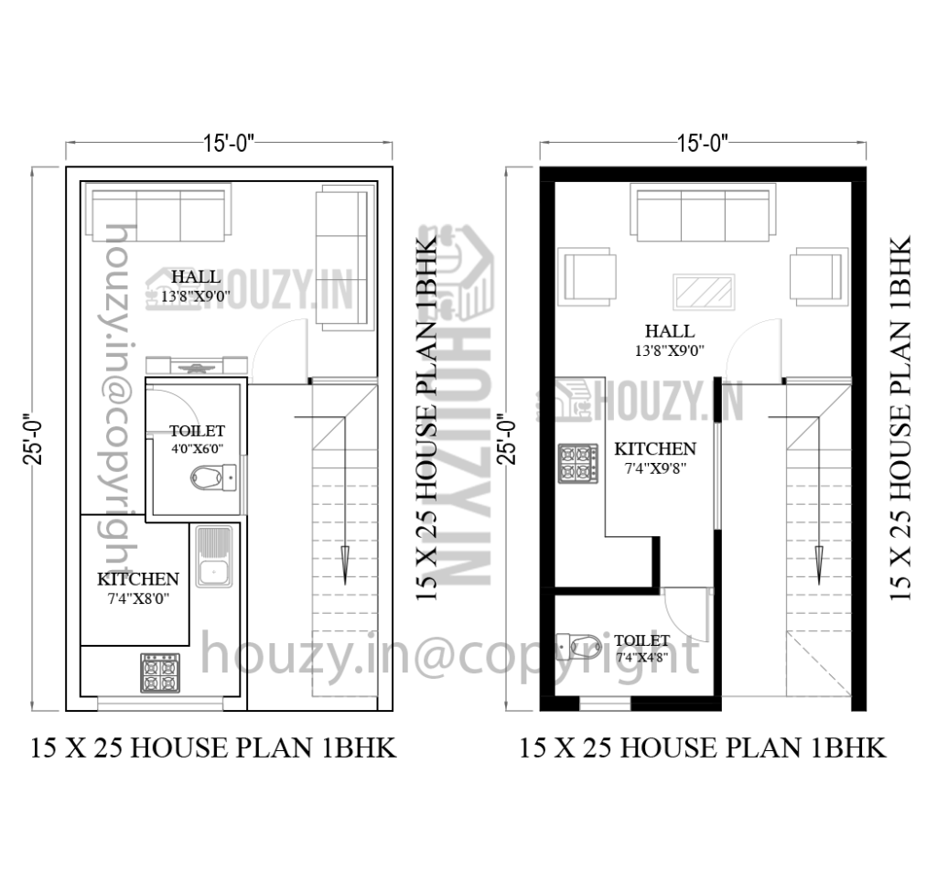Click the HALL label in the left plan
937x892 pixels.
pos(196,276)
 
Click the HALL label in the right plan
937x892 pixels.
pos(669,331)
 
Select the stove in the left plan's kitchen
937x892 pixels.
pos(159,673)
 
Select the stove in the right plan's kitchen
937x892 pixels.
pos(578,463)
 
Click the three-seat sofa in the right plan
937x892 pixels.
pos(703,213)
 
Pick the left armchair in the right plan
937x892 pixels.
pos(590,275)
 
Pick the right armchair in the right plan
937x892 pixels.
pos(816,275)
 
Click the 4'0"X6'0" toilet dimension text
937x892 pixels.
pos(197,448)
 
